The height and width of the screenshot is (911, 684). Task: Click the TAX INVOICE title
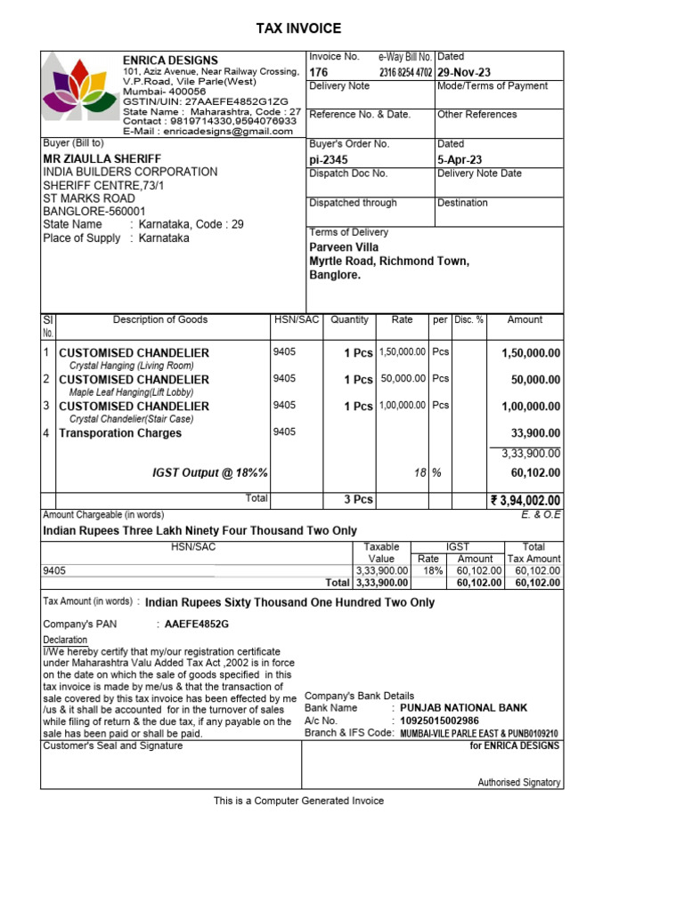(298, 28)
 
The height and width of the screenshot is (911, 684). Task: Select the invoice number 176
(318, 72)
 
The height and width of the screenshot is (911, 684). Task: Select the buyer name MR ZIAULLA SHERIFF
(102, 158)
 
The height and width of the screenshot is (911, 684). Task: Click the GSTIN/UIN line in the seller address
(206, 101)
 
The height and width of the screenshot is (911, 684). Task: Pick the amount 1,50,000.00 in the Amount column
(531, 353)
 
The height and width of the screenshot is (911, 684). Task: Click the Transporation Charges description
(120, 433)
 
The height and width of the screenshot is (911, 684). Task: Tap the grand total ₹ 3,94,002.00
(525, 500)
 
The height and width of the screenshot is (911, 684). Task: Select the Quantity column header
(349, 320)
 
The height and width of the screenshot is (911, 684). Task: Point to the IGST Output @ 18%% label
(211, 472)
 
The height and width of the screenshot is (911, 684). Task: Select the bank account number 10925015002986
(439, 721)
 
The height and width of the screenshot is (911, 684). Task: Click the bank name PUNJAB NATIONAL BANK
(463, 708)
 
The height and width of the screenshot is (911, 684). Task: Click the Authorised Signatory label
(519, 783)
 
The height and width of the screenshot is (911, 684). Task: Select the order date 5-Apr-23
(460, 159)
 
